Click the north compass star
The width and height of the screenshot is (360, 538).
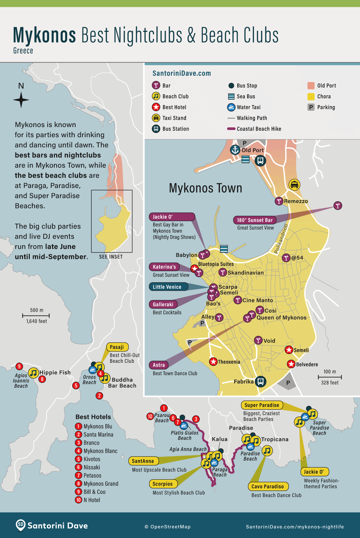[x=21, y=100]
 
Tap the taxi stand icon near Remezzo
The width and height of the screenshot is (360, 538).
[x=294, y=185]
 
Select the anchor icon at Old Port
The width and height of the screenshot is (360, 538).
[x=235, y=150]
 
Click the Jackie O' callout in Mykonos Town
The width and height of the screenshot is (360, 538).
[x=172, y=217]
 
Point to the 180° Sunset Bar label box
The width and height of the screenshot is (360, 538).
[x=255, y=220]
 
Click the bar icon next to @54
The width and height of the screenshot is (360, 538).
[x=286, y=258]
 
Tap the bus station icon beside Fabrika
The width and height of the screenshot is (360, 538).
[x=261, y=381]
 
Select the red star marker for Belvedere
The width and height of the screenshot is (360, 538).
[x=291, y=364]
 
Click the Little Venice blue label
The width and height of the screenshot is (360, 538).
[x=168, y=287]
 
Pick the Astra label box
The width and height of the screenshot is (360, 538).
[x=159, y=365]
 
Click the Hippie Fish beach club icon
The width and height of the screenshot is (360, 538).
[x=33, y=373]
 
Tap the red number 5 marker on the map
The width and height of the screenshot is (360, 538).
[x=76, y=385]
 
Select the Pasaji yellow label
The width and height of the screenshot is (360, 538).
[x=117, y=347]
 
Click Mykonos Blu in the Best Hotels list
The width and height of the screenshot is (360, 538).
[x=98, y=426]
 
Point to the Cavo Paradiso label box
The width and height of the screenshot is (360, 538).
[x=268, y=487]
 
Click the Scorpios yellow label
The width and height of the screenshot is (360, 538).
[x=163, y=484]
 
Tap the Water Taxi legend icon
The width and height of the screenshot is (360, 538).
[x=231, y=107]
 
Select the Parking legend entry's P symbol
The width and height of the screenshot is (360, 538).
[x=311, y=107]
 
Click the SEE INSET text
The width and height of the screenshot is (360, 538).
[x=111, y=257]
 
